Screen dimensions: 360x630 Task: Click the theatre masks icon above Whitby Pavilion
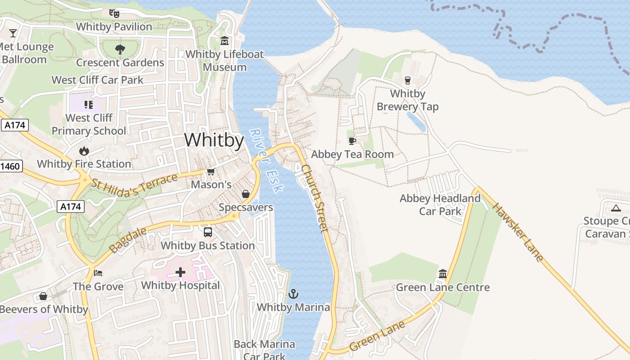(x=114, y=13)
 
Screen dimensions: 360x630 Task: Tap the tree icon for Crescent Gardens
(x=120, y=49)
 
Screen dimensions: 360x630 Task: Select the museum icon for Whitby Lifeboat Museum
(x=225, y=41)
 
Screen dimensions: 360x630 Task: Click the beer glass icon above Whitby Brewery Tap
(x=408, y=81)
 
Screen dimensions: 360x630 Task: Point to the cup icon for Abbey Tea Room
(x=352, y=141)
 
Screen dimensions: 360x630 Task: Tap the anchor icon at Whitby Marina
(x=293, y=294)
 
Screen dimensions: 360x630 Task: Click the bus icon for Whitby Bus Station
(x=208, y=232)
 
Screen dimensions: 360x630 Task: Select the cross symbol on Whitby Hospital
(x=180, y=272)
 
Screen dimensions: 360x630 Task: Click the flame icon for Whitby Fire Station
(x=84, y=151)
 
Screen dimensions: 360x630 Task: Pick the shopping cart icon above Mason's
(x=211, y=171)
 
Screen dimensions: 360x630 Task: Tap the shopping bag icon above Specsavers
(x=246, y=194)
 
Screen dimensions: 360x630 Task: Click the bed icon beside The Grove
(x=98, y=273)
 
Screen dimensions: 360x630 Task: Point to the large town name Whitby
(x=214, y=140)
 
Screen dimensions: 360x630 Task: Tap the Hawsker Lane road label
(x=517, y=232)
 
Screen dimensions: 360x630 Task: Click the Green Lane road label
(x=377, y=335)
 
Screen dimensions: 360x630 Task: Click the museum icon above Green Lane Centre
(x=442, y=274)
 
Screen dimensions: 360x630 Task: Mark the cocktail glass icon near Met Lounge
(x=13, y=33)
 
